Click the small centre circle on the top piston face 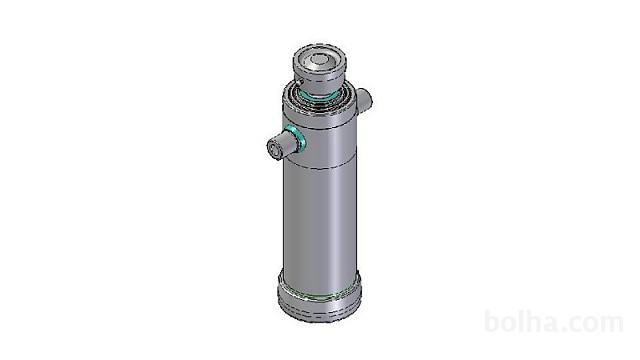pos(318,61)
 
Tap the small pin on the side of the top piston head pos(300,82)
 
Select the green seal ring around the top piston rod pos(318,96)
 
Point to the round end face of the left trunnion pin pos(274,149)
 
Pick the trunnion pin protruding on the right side pos(364,100)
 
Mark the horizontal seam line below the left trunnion pos(320,167)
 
